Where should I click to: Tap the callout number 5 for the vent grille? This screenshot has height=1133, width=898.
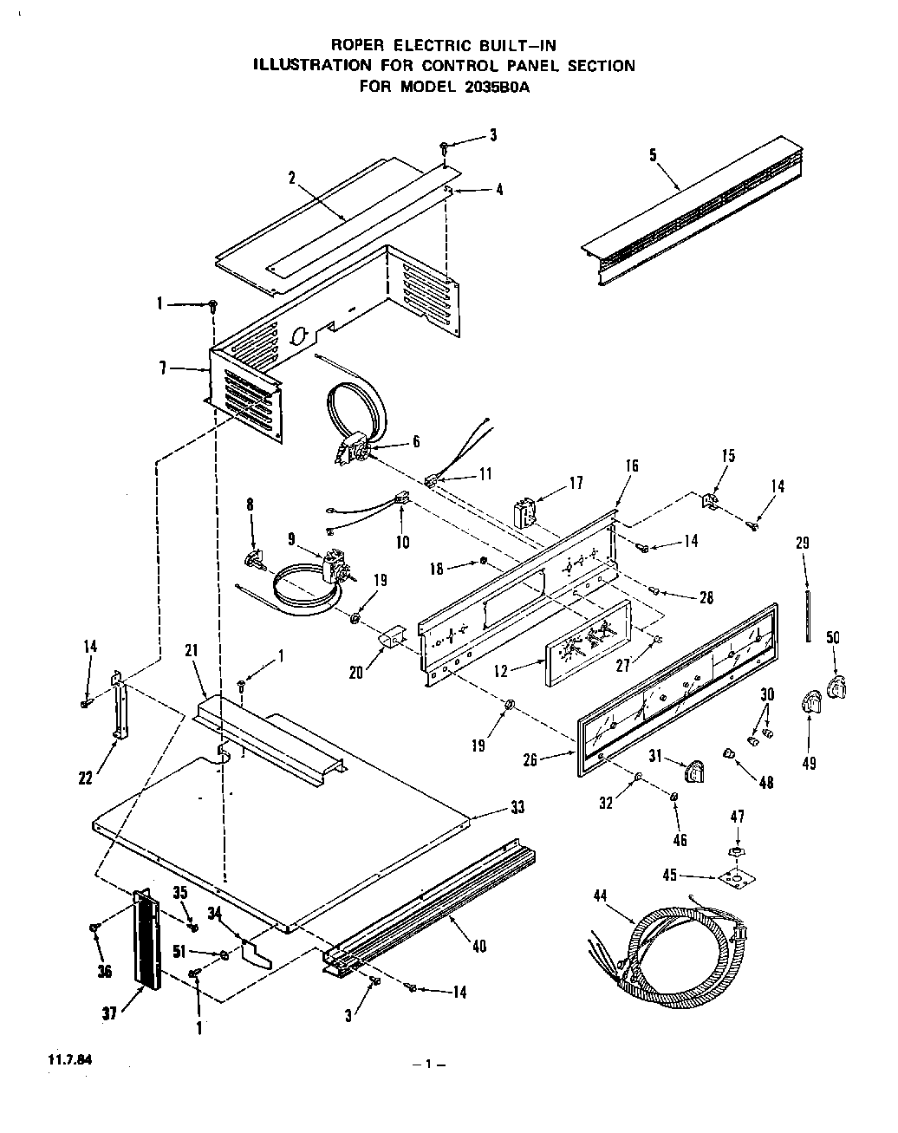(653, 155)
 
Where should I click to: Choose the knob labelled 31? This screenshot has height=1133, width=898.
(696, 768)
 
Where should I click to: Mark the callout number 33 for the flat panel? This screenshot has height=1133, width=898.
(517, 808)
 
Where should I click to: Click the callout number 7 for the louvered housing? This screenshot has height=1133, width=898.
(163, 368)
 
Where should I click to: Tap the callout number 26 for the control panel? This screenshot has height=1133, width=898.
(530, 759)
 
